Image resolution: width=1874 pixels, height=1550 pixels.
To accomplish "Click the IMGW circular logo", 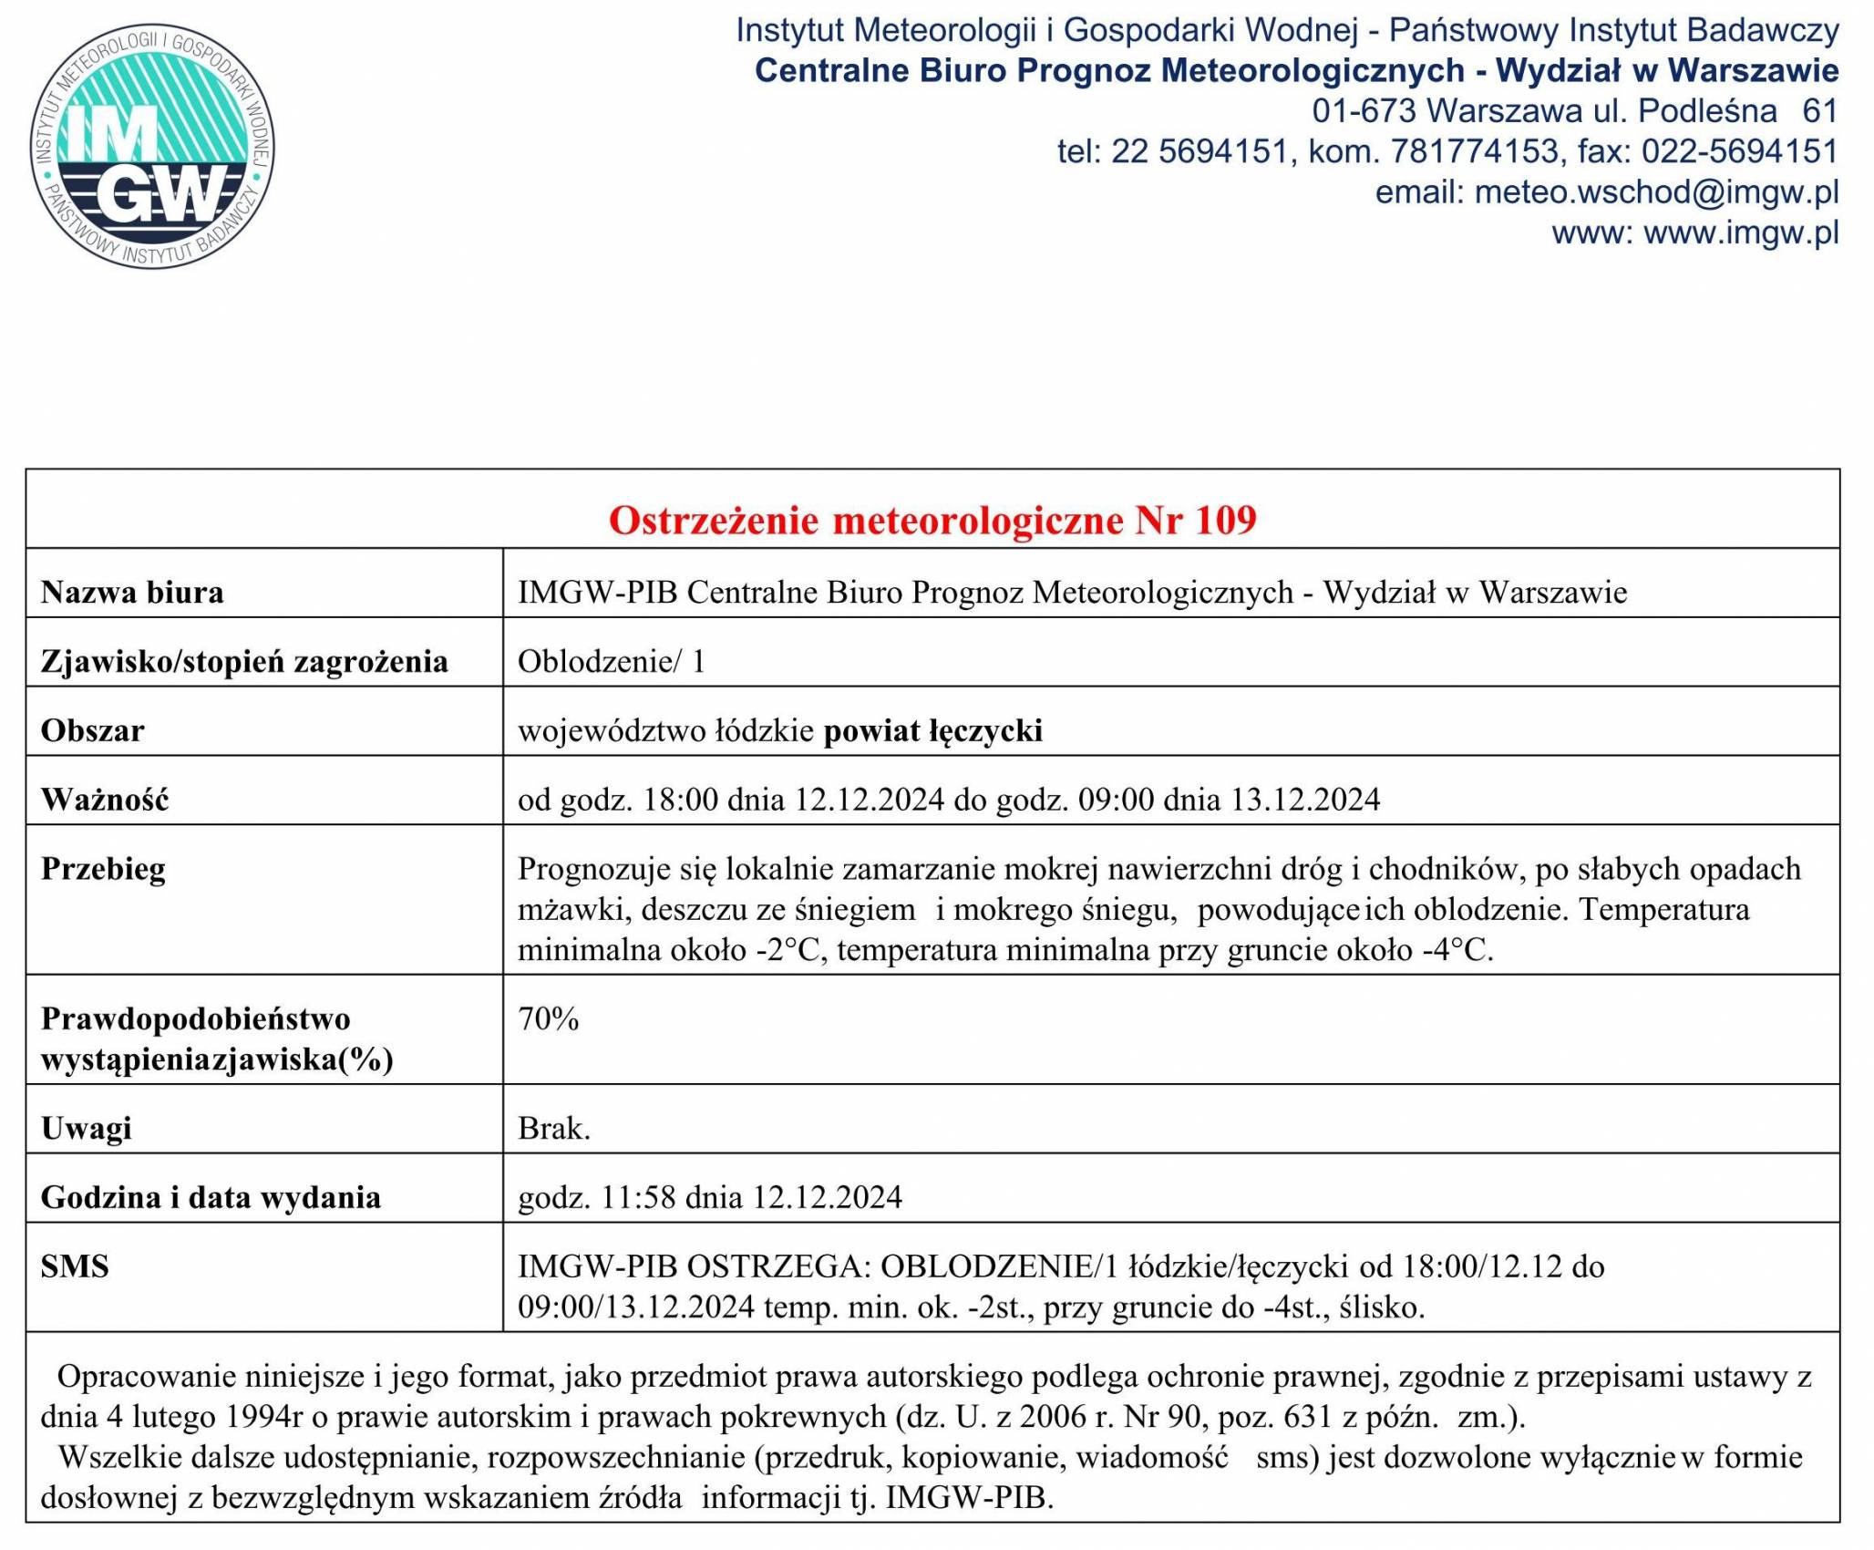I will pos(151,147).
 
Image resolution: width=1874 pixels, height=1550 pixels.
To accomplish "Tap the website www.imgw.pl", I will pos(1740,233).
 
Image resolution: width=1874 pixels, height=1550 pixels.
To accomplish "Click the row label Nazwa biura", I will pos(132,593).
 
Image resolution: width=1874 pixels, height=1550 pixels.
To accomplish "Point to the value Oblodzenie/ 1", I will pos(612,661).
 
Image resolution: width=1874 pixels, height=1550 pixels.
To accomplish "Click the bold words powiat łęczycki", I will pos(932,730).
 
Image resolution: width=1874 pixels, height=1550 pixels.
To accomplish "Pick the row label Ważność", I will pos(105,800).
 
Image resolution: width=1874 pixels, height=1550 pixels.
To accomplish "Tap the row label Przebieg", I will pos(103,869).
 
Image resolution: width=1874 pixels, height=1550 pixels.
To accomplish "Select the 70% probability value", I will pos(548,1019).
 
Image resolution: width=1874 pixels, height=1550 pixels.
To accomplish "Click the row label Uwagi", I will pos(87,1129).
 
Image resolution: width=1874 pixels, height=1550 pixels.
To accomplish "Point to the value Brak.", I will pos(554,1129).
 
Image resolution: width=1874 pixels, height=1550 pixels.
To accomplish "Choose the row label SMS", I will pos(75,1266).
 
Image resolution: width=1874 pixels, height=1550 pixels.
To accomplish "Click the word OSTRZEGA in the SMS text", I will pos(779,1266).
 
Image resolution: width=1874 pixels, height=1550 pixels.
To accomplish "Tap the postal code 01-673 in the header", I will pos(1364,111).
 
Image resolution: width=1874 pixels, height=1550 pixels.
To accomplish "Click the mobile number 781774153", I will pos(1474,151).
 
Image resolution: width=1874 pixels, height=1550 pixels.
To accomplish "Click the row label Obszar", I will pos(92,730).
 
